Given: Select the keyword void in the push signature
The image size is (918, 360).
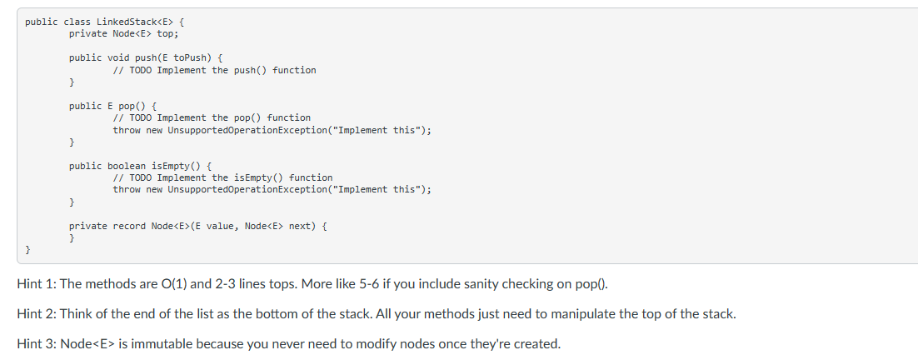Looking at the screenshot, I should (121, 57).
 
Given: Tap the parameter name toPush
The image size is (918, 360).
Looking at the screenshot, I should (190, 57).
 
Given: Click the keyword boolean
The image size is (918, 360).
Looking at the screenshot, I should (127, 166).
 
